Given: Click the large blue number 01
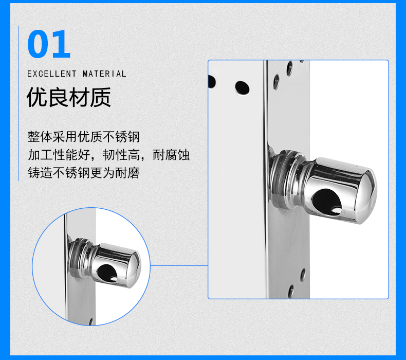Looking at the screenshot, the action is [49, 44].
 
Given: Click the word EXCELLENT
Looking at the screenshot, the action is [52, 74].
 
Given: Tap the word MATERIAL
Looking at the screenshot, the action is [104, 74].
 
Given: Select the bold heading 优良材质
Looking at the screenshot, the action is [69, 97].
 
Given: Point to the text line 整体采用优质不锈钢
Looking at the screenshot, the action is [84, 137].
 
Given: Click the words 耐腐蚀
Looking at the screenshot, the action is [171, 155].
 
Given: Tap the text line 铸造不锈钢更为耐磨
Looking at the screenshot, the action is [84, 173].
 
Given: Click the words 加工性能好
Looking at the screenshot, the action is [59, 155].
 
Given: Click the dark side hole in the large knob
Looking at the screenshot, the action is [326, 202].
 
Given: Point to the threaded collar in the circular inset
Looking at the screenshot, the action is [79, 257].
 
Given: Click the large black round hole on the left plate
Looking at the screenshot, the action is [243, 87].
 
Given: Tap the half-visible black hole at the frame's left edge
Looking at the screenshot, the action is [212, 82].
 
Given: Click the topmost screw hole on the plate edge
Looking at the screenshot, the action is [289, 69].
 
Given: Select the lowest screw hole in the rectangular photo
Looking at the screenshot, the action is [291, 291].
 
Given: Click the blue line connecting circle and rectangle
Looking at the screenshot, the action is [179, 265].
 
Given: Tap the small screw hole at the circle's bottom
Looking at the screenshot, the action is [91, 321].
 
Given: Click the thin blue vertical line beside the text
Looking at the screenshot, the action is [19, 103].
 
